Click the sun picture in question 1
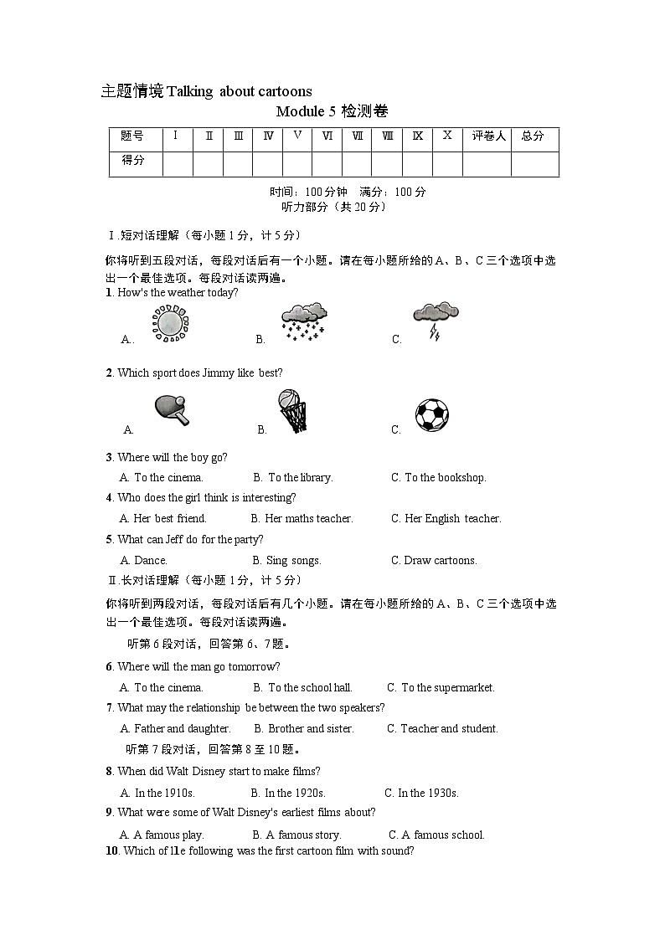point(171,323)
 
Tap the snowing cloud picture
point(303,321)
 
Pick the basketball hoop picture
point(291,411)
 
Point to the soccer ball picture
point(431,414)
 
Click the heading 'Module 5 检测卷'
point(332,111)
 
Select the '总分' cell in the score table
point(534,136)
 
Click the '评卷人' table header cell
point(487,136)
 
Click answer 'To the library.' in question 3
point(300,478)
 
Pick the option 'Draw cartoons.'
point(440,561)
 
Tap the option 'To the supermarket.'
point(447,688)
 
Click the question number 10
point(112,851)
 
